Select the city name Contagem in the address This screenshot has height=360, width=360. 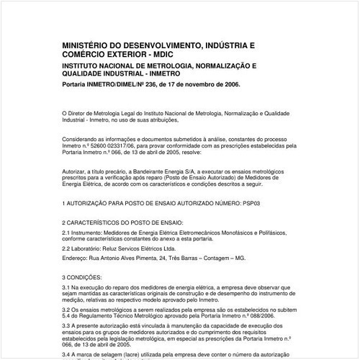(224, 257)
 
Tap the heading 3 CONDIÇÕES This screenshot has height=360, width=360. (87, 276)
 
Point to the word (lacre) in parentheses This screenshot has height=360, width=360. (150, 355)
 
